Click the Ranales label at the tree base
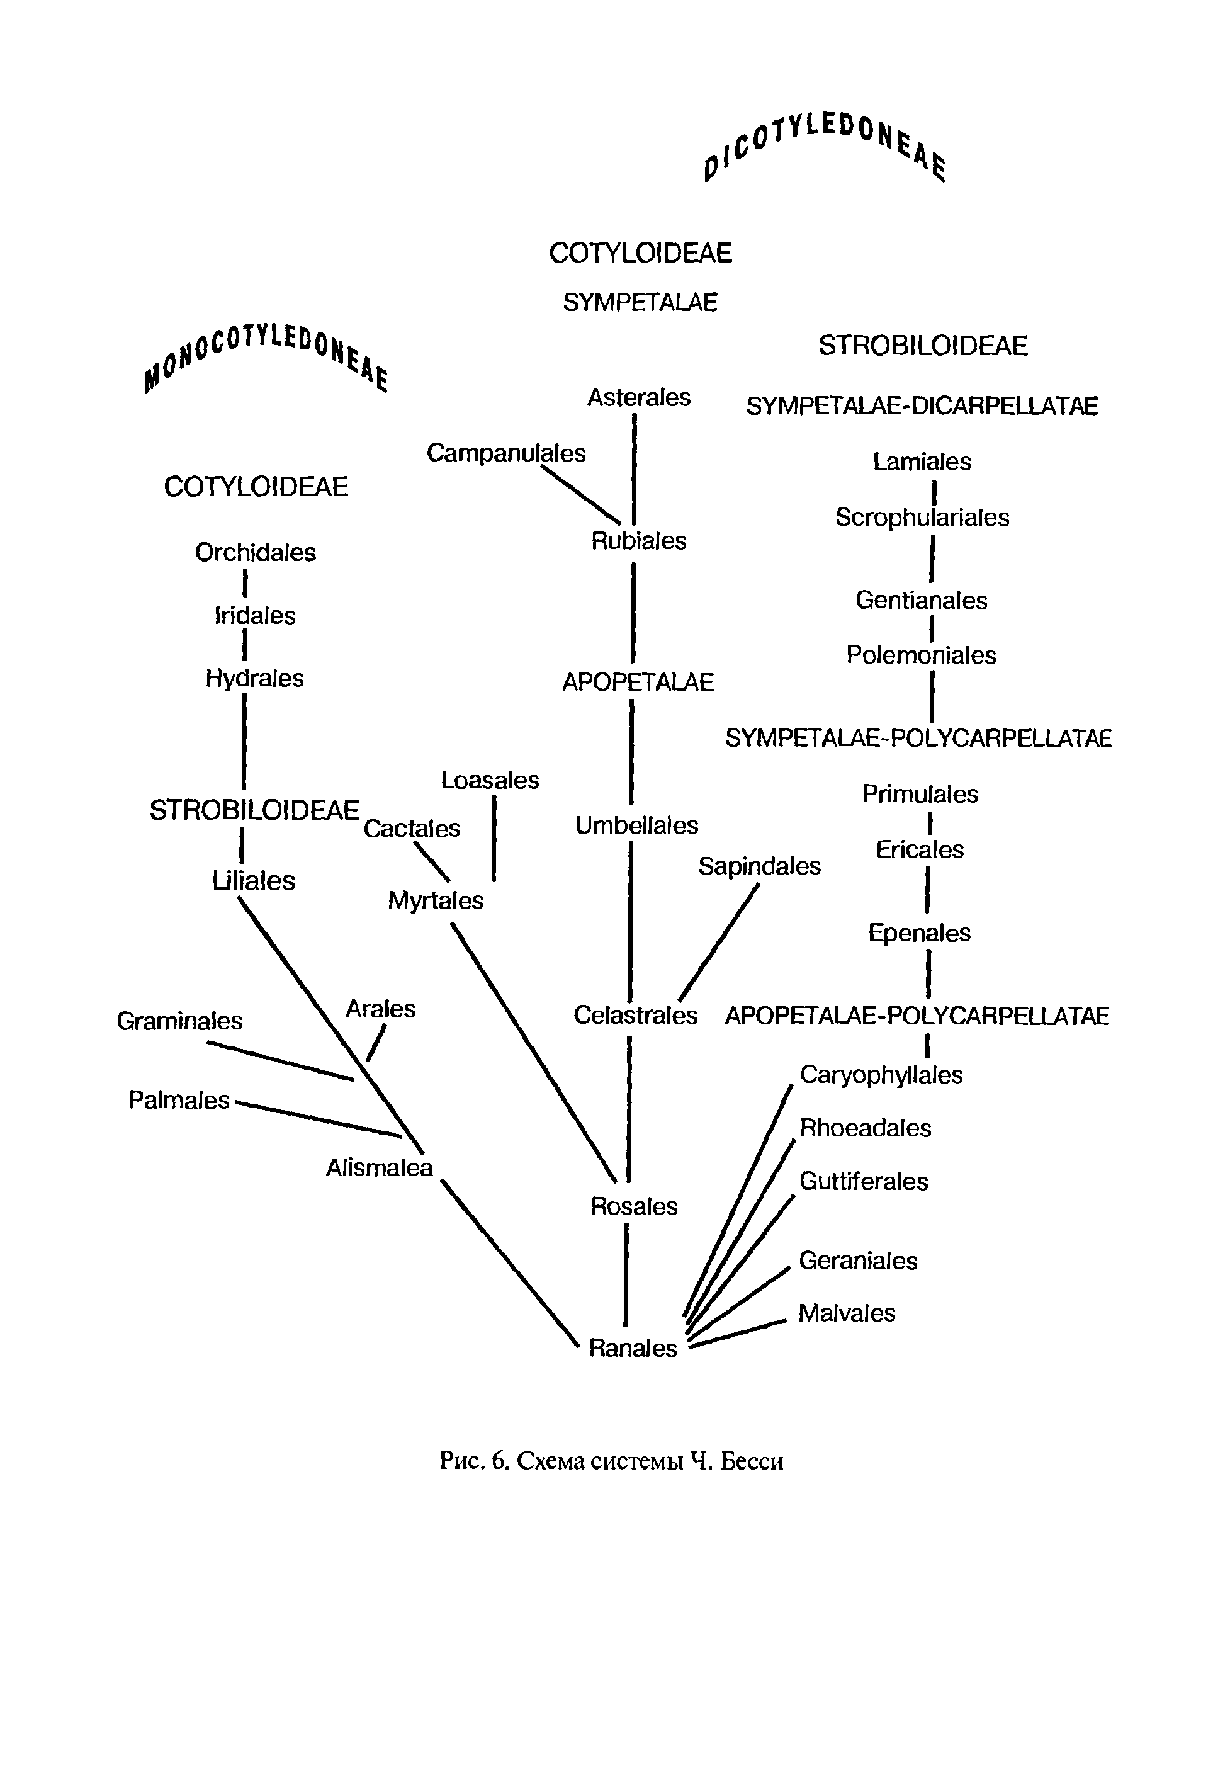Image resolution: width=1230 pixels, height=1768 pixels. [632, 1347]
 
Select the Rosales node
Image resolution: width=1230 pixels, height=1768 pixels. [633, 1206]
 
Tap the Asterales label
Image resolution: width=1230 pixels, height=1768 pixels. [639, 397]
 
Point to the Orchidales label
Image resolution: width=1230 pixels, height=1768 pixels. [255, 552]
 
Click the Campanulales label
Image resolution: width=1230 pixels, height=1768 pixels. [505, 453]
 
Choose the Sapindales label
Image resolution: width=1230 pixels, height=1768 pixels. [759, 866]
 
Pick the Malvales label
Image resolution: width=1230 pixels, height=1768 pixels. [847, 1313]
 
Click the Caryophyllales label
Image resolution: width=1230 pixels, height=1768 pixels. [881, 1074]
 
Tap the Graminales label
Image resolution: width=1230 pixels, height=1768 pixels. [179, 1021]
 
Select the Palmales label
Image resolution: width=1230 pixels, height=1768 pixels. [179, 1099]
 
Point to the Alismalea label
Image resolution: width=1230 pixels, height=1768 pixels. [379, 1167]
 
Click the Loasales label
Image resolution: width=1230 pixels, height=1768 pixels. [490, 780]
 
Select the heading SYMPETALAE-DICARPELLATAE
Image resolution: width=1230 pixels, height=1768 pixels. [922, 406]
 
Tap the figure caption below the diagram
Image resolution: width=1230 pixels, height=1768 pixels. [611, 1461]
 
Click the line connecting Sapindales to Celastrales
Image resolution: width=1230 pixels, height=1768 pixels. [718, 943]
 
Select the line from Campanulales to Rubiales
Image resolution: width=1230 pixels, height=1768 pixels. [580, 495]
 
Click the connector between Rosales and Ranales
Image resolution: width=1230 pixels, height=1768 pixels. [626, 1275]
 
